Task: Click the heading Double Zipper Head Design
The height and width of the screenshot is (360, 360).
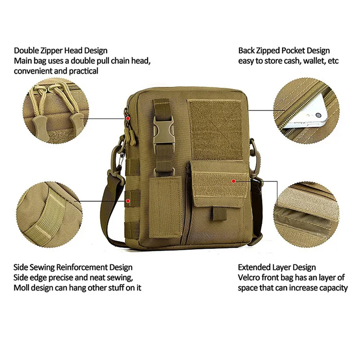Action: [x=61, y=50]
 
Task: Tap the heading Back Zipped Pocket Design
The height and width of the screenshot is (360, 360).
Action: [x=284, y=50]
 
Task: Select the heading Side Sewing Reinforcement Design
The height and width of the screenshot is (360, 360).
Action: [x=73, y=267]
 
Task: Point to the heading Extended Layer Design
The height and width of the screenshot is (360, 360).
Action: [x=277, y=267]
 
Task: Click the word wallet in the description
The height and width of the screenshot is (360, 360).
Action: [x=311, y=61]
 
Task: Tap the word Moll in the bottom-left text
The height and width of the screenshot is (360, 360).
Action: [x=22, y=288]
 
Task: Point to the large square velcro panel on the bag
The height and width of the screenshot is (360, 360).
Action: [x=215, y=130]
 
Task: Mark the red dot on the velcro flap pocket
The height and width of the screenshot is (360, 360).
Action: [x=234, y=181]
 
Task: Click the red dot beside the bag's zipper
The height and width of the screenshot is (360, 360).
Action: [x=128, y=118]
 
